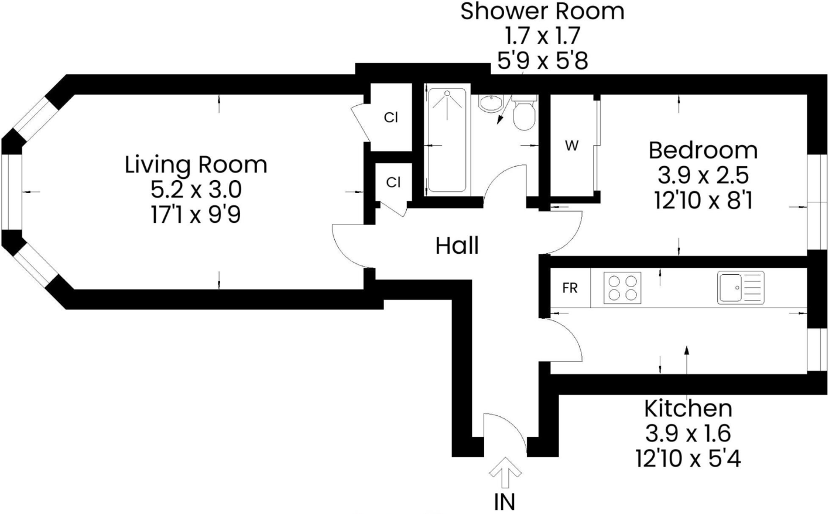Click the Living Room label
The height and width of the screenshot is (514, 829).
coord(196,165)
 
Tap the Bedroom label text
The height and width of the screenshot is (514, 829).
coord(703,150)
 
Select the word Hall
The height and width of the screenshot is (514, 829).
coord(457,246)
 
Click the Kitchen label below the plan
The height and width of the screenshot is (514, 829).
coord(688,408)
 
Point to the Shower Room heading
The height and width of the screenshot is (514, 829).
coord(542,11)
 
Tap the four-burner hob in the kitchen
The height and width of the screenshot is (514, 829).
coord(622,288)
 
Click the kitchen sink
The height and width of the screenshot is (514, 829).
coord(741,288)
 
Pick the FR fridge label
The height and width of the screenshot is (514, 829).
coord(570,288)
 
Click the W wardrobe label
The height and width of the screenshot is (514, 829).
coord(571,146)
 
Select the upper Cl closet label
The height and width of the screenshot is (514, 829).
coord(391,118)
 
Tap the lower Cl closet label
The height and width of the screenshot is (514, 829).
coord(393,182)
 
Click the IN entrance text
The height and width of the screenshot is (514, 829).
coord(505,502)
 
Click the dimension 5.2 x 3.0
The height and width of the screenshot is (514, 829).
coord(196,190)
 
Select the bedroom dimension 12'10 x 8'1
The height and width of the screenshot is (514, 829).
coord(703,201)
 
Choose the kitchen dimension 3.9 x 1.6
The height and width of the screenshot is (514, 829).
coord(688,433)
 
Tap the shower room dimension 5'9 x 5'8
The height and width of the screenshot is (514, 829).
coord(542,60)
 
